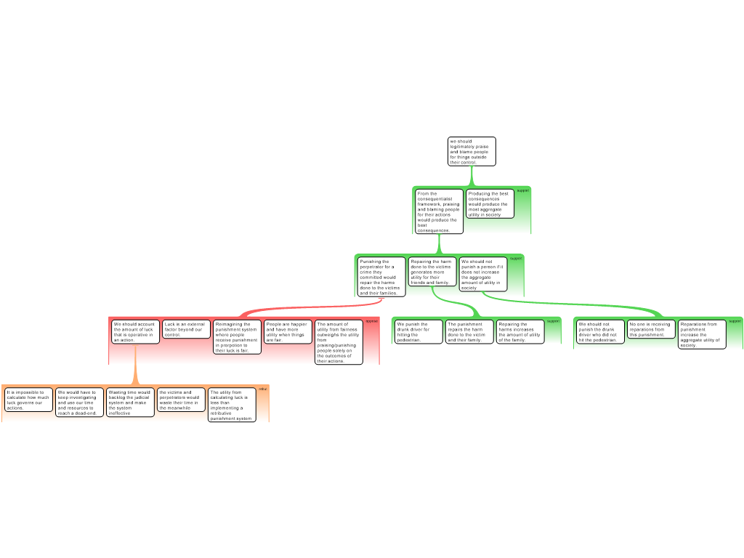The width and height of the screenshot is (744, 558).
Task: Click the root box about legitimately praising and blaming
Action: pyautogui.click(x=472, y=152)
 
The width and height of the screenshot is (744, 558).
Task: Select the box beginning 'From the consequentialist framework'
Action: pyautogui.click(x=439, y=211)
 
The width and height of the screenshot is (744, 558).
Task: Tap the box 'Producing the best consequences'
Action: pyautogui.click(x=490, y=203)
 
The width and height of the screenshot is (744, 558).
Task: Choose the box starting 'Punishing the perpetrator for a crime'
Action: pyautogui.click(x=381, y=277)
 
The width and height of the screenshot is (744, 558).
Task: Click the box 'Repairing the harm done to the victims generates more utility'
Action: pyautogui.click(x=432, y=272)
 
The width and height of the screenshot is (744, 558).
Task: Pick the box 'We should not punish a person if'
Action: pyautogui.click(x=482, y=274)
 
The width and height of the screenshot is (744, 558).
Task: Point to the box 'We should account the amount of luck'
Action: pyautogui.click(x=135, y=331)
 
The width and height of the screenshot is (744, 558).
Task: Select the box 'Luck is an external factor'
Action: pyautogui.click(x=186, y=329)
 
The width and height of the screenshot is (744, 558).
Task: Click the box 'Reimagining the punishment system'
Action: pyautogui.click(x=237, y=337)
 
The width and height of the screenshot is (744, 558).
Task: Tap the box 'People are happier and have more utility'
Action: pyautogui.click(x=288, y=331)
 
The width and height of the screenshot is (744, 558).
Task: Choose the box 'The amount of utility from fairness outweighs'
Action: pyautogui.click(x=339, y=342)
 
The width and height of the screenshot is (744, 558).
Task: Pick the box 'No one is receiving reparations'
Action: pyautogui.click(x=651, y=329)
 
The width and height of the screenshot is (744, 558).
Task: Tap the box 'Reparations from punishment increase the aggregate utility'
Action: pyautogui.click(x=702, y=334)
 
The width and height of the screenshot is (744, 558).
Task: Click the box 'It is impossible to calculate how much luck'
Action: pyautogui.click(x=28, y=400)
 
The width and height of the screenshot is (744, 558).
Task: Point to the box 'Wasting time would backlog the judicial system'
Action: pyautogui.click(x=131, y=403)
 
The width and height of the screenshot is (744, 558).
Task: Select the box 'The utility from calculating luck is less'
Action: pyautogui.click(x=232, y=405)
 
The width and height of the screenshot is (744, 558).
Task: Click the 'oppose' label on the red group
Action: pyautogui.click(x=371, y=320)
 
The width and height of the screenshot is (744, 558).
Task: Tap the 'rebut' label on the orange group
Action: pyautogui.click(x=263, y=389)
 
